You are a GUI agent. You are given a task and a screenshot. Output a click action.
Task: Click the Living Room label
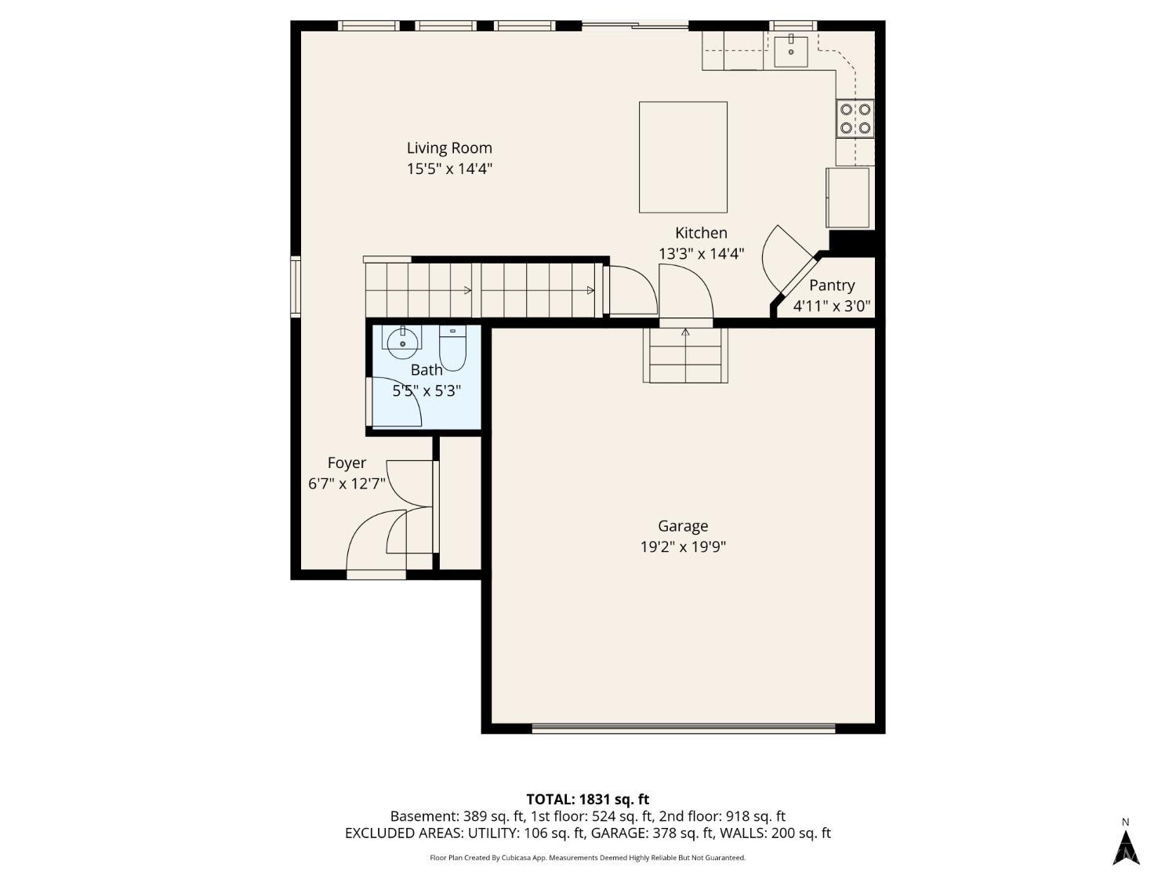(449, 148)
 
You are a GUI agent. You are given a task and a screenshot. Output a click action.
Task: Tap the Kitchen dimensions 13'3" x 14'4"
(701, 253)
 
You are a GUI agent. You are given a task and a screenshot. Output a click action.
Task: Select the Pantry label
(832, 285)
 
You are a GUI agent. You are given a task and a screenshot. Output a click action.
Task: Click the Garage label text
(683, 526)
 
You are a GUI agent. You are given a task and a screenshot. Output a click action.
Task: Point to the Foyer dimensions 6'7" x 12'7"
(347, 484)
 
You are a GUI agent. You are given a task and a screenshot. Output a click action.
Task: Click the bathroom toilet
(452, 347)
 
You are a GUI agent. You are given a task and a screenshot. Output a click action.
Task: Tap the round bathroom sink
(402, 343)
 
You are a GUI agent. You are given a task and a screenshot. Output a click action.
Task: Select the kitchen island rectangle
(683, 157)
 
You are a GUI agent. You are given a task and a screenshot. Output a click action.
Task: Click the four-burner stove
(855, 118)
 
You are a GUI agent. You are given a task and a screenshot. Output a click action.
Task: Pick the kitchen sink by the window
(791, 50)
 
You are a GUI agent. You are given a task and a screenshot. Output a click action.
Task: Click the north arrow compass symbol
(1126, 848)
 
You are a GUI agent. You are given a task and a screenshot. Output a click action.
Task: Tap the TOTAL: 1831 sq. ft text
(588, 799)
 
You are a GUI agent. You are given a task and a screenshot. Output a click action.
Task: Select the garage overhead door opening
(683, 728)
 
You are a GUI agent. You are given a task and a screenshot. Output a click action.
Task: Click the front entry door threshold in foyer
(376, 575)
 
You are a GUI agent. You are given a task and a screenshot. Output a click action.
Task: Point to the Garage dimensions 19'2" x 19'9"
(683, 546)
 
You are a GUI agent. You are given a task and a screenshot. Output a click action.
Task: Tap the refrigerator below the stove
(848, 198)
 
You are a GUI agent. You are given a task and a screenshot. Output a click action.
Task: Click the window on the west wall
(296, 286)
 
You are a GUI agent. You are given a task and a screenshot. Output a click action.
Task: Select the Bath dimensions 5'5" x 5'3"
(426, 391)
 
